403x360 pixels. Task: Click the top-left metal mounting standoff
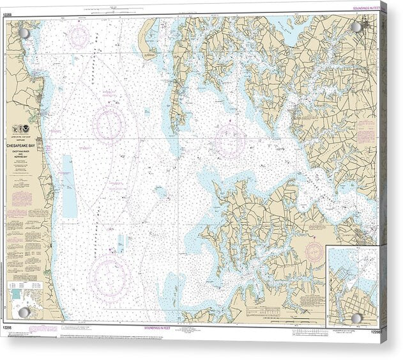pos(23,33)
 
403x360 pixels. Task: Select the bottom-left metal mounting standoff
pos(24,312)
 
